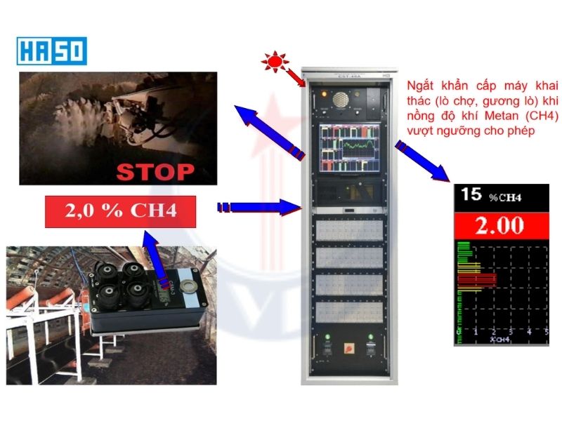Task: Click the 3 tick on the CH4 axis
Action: click(x=510, y=330)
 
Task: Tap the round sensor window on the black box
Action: click(x=188, y=286)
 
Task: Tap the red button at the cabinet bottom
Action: click(x=345, y=348)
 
